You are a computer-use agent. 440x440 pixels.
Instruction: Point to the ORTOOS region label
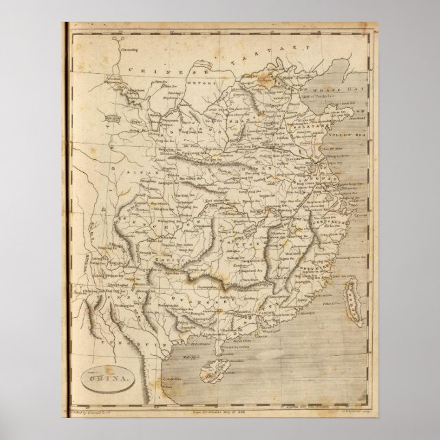(206, 85)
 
